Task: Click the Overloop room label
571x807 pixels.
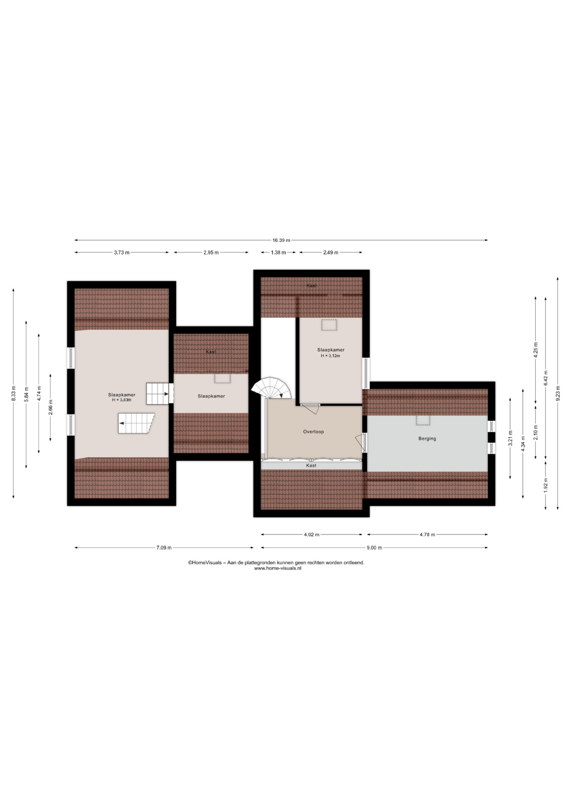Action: pyautogui.click(x=313, y=432)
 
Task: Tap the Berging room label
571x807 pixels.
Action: pyautogui.click(x=427, y=438)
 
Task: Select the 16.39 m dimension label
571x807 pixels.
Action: pyautogui.click(x=281, y=240)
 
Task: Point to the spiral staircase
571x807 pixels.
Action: pyautogui.click(x=271, y=388)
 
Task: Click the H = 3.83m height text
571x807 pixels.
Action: pyautogui.click(x=122, y=400)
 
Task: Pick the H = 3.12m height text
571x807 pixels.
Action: pyautogui.click(x=330, y=356)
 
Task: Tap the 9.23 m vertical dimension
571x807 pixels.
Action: pyautogui.click(x=558, y=394)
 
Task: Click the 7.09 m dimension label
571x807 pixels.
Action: pyautogui.click(x=164, y=548)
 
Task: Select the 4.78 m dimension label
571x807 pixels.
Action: pyautogui.click(x=427, y=535)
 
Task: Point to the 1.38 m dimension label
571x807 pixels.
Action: pyautogui.click(x=278, y=253)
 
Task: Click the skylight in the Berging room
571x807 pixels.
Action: pyautogui.click(x=423, y=421)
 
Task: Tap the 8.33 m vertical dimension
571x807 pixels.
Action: pyautogui.click(x=13, y=393)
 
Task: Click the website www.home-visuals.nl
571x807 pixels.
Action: pyautogui.click(x=278, y=568)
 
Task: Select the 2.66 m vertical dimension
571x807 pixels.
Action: pyautogui.click(x=50, y=407)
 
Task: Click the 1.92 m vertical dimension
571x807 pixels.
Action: pyautogui.click(x=546, y=485)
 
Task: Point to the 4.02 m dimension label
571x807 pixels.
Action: pyautogui.click(x=312, y=535)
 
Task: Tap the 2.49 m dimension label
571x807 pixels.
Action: pyautogui.click(x=330, y=253)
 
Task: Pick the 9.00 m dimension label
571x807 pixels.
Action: pyautogui.click(x=374, y=548)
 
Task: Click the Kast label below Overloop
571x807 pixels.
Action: pyautogui.click(x=311, y=466)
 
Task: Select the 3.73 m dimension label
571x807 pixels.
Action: pyautogui.click(x=122, y=253)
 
